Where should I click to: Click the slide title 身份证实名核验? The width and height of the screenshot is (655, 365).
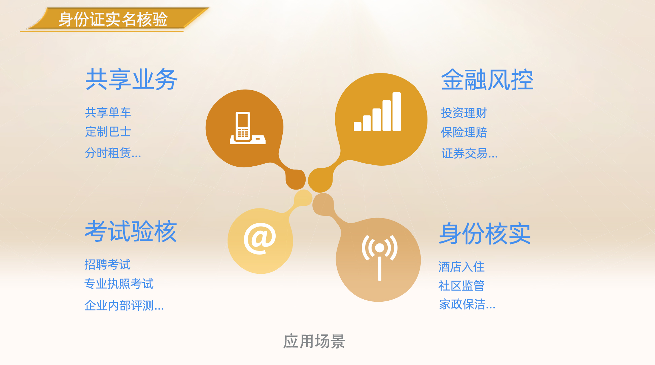tap(113, 19)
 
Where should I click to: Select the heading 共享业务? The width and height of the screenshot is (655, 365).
tap(131, 79)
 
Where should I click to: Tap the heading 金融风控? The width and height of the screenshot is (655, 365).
tap(487, 79)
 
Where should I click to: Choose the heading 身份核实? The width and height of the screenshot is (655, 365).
tap(485, 233)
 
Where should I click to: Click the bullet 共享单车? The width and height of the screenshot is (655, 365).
tap(108, 112)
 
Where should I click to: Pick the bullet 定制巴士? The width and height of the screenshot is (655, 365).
tap(108, 131)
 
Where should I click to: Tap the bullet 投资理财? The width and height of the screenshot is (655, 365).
tap(464, 113)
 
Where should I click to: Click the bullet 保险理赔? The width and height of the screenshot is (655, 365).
tap(464, 132)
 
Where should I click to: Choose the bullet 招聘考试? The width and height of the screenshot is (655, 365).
tap(107, 264)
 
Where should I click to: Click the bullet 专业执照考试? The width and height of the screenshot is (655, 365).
tap(119, 284)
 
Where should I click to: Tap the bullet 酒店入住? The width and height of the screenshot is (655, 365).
tap(461, 267)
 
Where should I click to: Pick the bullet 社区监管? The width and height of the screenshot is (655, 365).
tap(461, 286)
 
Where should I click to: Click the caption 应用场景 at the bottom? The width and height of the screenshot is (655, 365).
tap(314, 341)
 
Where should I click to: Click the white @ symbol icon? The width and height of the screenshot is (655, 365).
tap(260, 238)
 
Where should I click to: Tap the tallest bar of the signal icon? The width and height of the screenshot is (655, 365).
tap(397, 112)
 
